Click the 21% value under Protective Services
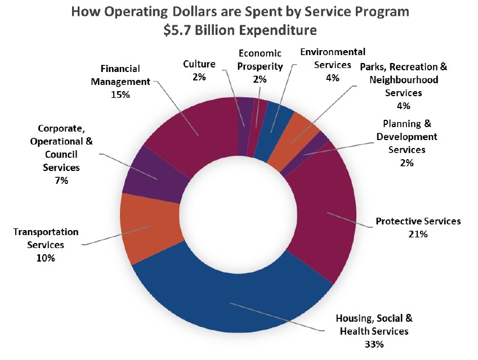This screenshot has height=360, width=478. [418, 233]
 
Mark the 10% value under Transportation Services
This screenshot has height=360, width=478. [45, 258]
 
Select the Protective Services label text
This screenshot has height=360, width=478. [418, 221]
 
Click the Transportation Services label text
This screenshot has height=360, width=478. [46, 238]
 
